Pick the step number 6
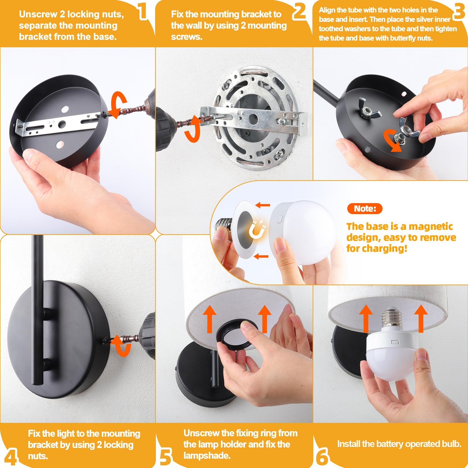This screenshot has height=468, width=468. [322, 457]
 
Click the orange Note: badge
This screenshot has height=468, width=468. [365, 209]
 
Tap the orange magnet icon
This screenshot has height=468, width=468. [257, 229]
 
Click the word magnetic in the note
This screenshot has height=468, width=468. [431, 226]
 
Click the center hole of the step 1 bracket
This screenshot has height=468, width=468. [62, 124]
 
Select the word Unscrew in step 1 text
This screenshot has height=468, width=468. [38, 14]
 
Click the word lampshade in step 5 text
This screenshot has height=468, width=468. [207, 456]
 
